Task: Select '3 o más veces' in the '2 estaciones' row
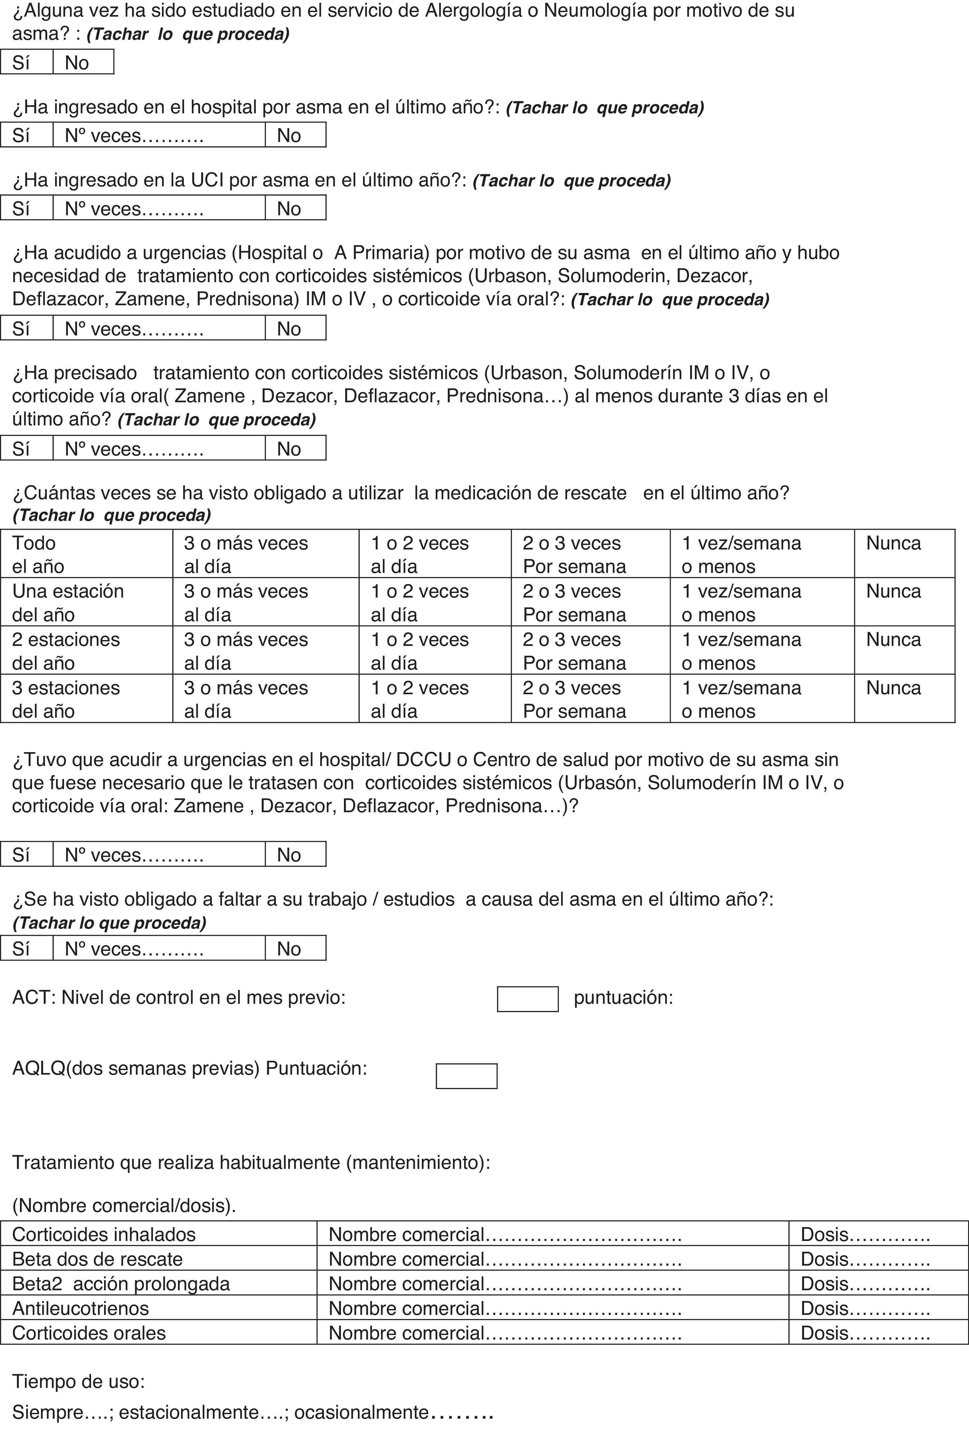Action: coord(265,650)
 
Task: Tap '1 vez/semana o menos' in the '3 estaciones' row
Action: coord(761,699)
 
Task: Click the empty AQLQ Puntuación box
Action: coord(466,1076)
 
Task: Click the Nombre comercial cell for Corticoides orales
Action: coord(552,1332)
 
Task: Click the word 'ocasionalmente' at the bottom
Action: coord(361,1411)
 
